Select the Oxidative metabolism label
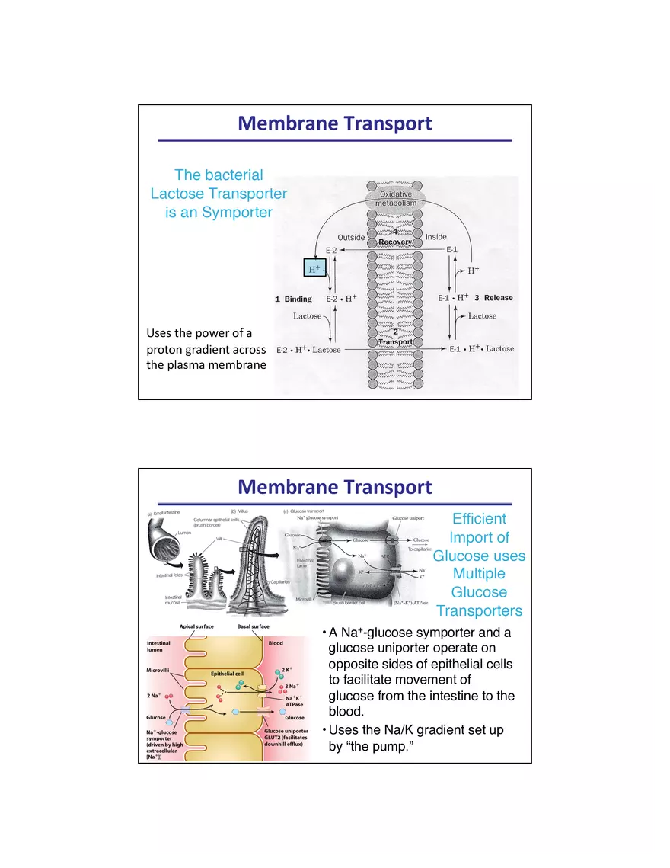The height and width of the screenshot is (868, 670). coord(396,199)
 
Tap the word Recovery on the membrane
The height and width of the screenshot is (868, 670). coord(395,242)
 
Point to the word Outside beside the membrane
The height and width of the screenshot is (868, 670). coord(351,237)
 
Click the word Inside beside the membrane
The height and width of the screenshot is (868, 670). coord(436,237)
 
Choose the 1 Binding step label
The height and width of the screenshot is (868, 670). coord(294,299)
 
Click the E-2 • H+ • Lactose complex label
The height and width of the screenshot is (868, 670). coord(308,350)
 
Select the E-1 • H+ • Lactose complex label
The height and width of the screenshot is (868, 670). coord(481,349)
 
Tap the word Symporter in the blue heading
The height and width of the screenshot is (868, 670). coord(237,213)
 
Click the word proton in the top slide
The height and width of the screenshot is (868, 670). coord(166,350)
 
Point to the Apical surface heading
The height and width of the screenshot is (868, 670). coord(196,626)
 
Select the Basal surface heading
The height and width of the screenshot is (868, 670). coord(254,626)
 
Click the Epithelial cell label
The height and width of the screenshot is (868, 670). coord(227,674)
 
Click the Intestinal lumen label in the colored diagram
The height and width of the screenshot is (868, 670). coord(160,647)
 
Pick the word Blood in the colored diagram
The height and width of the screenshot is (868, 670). coord(276,643)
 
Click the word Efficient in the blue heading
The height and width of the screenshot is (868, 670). coord(479,519)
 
